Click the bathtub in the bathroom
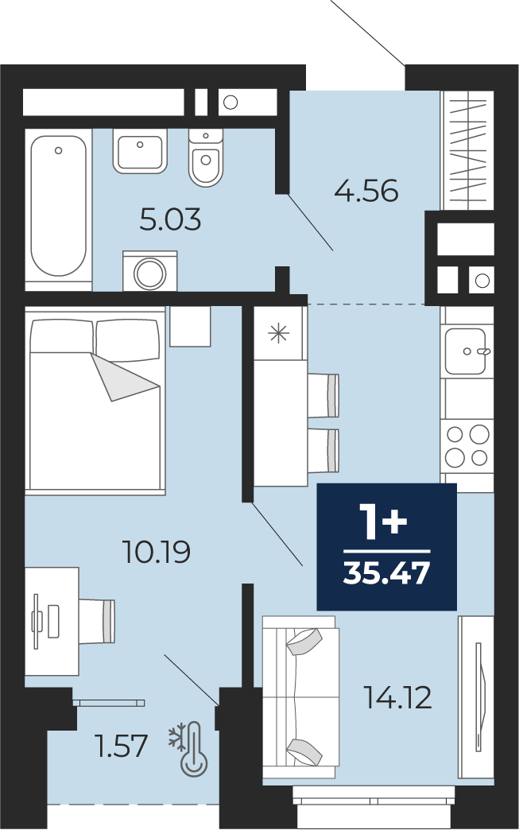pyautogui.click(x=58, y=207)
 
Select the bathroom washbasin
pyautogui.click(x=140, y=151)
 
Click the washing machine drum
pyautogui.click(x=150, y=273)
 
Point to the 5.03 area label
pyautogui.click(x=170, y=219)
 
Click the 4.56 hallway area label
pyautogui.click(x=366, y=191)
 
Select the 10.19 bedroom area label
pyautogui.click(x=156, y=552)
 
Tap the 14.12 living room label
pyautogui.click(x=398, y=697)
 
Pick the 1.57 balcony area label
pyautogui.click(x=121, y=746)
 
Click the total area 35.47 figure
pyautogui.click(x=386, y=573)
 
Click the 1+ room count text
pyautogui.click(x=383, y=522)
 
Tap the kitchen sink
pyautogui.click(x=466, y=351)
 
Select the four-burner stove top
pyautogui.click(x=467, y=445)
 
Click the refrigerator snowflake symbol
pyautogui.click(x=279, y=333)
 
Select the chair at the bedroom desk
pyautogui.click(x=97, y=622)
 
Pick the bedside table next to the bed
pyautogui.click(x=190, y=326)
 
